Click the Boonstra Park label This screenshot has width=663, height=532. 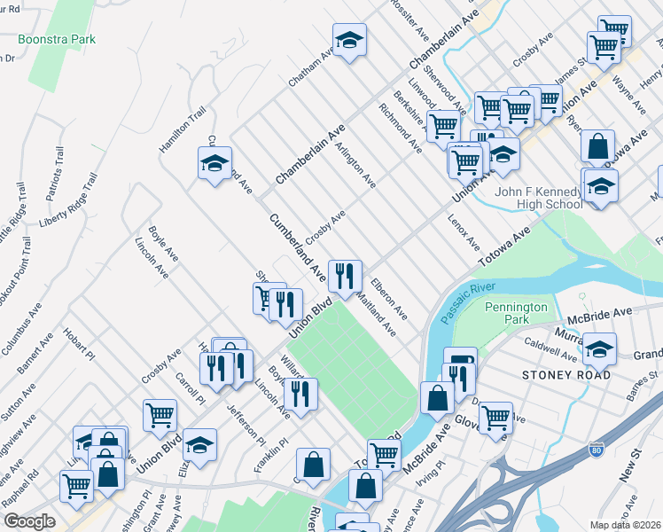point(59,40)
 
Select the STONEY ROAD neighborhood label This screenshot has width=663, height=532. point(568,375)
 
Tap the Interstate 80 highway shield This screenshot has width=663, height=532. point(600,449)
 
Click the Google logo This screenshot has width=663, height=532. point(28,521)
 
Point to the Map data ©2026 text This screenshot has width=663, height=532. point(626,525)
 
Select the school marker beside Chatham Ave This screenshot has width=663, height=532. point(349,40)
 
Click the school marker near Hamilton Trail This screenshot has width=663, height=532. point(214,163)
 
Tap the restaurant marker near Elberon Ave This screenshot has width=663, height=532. point(344,275)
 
